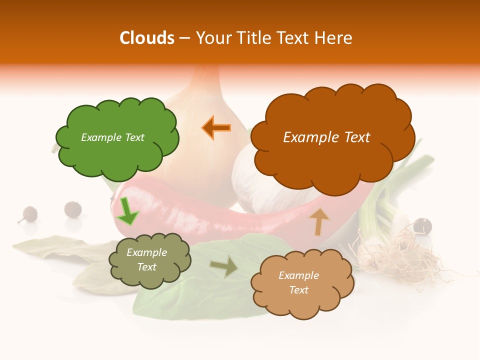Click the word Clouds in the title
click(x=147, y=38)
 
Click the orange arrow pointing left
click(x=216, y=128)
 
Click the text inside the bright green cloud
click(x=112, y=137)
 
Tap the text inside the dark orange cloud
click(x=326, y=137)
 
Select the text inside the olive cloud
click(x=146, y=259)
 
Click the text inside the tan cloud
click(x=298, y=282)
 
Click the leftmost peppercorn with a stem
click(x=28, y=214)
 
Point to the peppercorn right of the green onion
click(x=422, y=225)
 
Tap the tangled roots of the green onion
click(x=395, y=255)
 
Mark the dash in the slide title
click(x=184, y=38)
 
